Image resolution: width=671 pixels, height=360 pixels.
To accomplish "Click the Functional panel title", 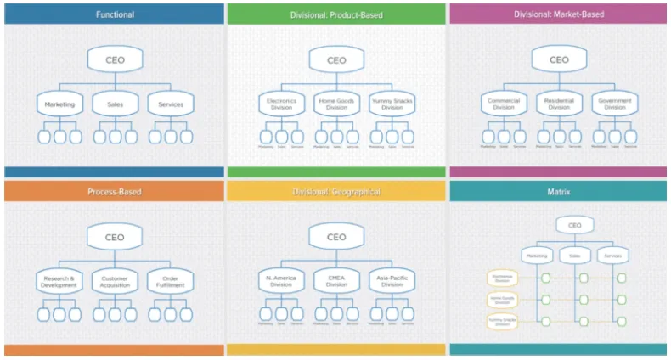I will (x=114, y=14).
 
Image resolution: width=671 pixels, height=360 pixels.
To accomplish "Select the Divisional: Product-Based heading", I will (x=336, y=14).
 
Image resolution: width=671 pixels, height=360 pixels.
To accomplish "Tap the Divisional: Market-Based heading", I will (x=559, y=14).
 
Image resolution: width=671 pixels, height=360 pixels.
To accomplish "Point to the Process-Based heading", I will (x=114, y=192).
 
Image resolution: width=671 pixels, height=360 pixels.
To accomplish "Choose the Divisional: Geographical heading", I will (x=336, y=192).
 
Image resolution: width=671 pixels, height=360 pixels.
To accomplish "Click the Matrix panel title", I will (x=559, y=192).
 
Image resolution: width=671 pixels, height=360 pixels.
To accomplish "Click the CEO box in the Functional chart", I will (x=114, y=60).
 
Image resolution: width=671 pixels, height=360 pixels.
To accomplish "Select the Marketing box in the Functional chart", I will (x=59, y=104).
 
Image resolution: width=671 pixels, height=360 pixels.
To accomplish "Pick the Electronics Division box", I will (x=281, y=104).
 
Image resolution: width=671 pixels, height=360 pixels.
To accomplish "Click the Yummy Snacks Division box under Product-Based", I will (x=392, y=104).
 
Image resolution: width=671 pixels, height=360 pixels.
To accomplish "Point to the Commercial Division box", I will (x=504, y=104).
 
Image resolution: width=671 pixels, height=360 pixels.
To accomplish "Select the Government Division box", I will (x=614, y=104).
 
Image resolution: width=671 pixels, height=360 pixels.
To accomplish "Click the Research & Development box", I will (x=59, y=280).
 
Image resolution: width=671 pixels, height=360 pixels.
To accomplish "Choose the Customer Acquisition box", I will (x=114, y=280).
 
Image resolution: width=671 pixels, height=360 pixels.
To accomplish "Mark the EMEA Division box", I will (x=336, y=280).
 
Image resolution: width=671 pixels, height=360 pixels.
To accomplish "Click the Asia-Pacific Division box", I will (x=392, y=280).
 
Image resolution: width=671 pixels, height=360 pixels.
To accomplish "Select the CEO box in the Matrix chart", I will (x=575, y=226).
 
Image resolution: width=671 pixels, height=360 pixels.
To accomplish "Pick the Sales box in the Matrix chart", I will (x=575, y=254).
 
